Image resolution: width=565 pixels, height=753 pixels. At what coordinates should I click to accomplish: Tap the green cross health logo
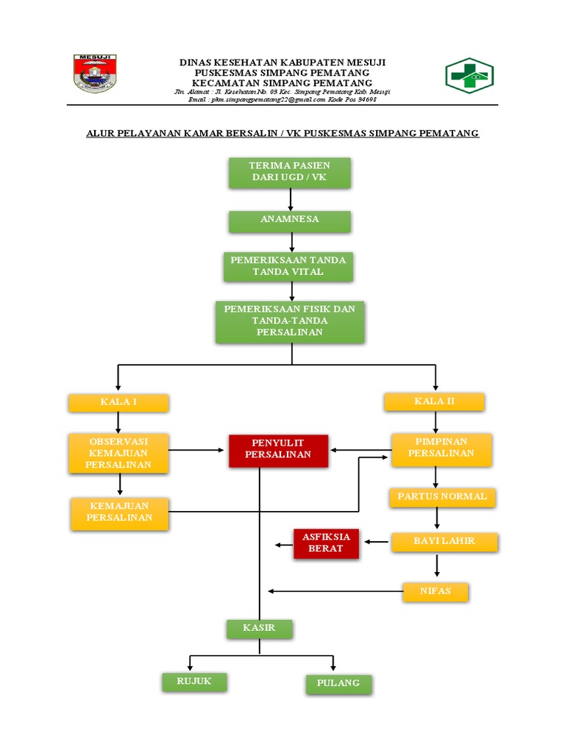click(469, 75)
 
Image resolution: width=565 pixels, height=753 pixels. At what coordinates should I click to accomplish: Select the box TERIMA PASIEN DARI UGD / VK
click(290, 171)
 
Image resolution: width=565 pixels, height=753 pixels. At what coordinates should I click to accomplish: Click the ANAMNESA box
click(290, 220)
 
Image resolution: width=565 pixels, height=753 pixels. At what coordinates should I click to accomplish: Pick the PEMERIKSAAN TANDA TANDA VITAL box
click(288, 266)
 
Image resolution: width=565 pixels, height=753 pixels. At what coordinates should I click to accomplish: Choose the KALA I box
click(118, 402)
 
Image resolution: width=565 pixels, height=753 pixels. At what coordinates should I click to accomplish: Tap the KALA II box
click(434, 401)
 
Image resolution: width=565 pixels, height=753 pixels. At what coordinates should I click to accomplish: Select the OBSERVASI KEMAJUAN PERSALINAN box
click(118, 452)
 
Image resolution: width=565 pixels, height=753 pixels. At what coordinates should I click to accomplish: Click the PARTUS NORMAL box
click(442, 496)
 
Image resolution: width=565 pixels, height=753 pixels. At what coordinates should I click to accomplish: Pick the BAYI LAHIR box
click(444, 541)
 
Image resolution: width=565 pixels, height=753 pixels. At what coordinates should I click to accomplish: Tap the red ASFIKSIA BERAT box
click(326, 543)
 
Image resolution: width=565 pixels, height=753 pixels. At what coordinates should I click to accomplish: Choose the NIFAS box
click(435, 590)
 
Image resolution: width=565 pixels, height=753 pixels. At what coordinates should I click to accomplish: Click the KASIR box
click(259, 628)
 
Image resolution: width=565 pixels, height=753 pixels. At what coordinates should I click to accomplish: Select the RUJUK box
click(193, 682)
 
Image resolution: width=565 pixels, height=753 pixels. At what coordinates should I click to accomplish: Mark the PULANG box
click(338, 683)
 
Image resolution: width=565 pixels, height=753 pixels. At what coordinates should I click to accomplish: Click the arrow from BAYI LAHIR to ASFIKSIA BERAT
click(377, 543)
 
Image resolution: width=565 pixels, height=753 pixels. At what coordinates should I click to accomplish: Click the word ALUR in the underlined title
click(100, 133)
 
